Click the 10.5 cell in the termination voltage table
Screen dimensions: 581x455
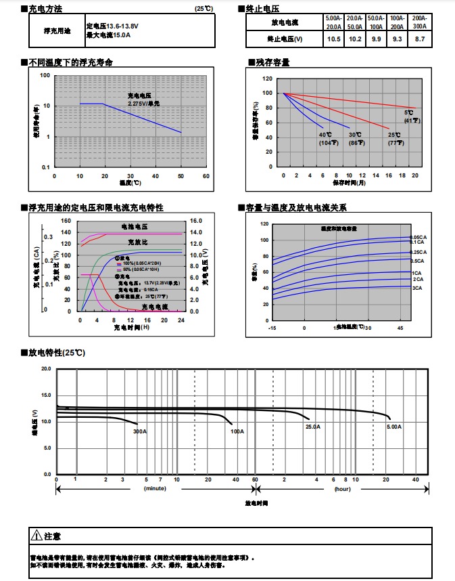[x=333, y=39]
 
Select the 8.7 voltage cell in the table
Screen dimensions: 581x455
[x=420, y=39]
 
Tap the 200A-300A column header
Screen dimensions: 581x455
[x=420, y=22]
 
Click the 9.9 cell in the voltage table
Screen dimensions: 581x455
[x=376, y=39]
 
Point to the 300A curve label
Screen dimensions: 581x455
[x=140, y=431]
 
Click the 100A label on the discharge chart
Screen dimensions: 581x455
[x=237, y=431]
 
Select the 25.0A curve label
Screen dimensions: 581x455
[x=313, y=427]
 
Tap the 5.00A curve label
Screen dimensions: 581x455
[x=393, y=427]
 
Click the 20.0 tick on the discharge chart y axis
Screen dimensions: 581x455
[x=46, y=369]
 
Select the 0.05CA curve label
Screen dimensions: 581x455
[x=417, y=237]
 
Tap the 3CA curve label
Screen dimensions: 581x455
[x=417, y=288]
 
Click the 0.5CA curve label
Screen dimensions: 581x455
[x=417, y=261]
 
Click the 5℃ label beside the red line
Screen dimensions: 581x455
[x=409, y=112]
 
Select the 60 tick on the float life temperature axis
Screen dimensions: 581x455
[x=206, y=176]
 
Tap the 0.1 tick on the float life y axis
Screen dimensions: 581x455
[x=46, y=167]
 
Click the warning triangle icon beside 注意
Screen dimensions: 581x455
[x=37, y=536]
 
